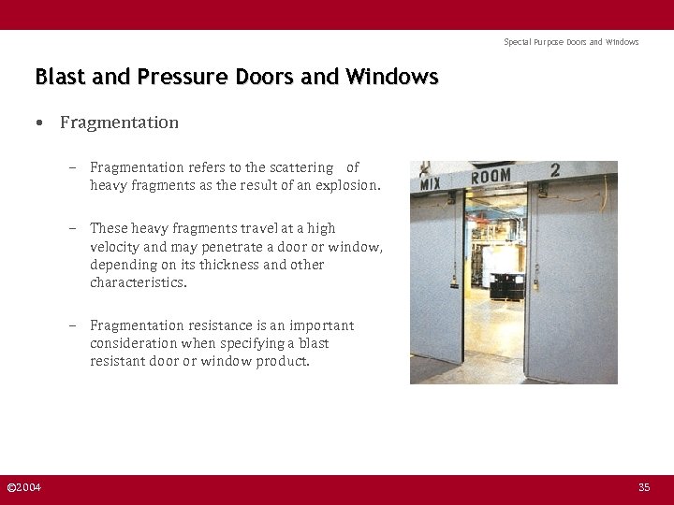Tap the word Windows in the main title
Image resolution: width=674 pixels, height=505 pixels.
[x=394, y=77]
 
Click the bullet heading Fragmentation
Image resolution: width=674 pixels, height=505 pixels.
[x=119, y=123]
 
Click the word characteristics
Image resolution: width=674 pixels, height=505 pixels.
[x=138, y=281]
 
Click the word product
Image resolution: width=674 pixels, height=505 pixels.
[x=282, y=361]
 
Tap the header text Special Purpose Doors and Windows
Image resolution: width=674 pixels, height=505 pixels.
[x=571, y=42]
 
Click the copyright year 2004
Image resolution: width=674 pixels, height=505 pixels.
[x=28, y=486]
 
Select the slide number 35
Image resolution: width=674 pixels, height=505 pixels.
[x=644, y=487]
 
